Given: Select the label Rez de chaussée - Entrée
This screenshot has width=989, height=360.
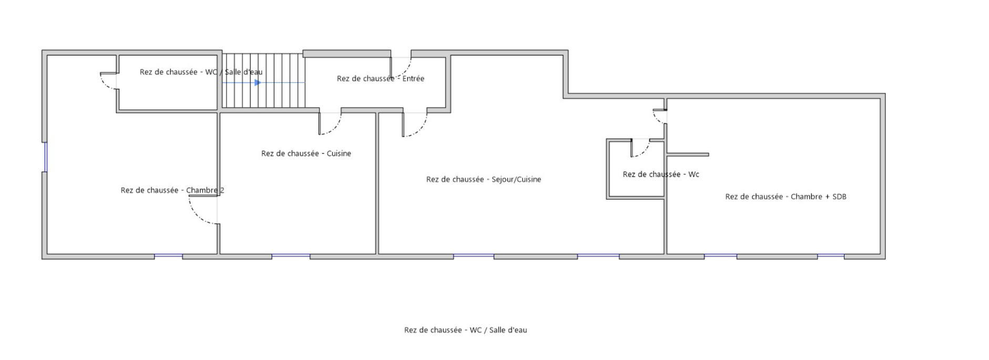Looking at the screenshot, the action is (380, 79).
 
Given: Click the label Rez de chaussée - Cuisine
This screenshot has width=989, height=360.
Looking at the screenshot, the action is (306, 153).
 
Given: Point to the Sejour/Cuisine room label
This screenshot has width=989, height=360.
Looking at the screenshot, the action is (483, 179).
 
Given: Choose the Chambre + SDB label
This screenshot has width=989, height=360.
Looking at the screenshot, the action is (786, 197).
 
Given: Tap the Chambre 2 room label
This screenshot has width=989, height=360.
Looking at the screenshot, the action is (172, 190).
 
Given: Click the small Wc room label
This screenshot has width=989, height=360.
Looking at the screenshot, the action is (660, 174).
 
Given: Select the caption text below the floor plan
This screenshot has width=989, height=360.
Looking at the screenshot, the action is (465, 330).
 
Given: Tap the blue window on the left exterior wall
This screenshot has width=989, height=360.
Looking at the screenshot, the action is (45, 157).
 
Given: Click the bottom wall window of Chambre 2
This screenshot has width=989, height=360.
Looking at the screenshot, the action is (168, 256).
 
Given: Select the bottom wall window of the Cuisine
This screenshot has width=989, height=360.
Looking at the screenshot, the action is (291, 256).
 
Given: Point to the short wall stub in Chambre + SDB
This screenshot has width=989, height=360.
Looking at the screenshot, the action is (688, 155).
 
